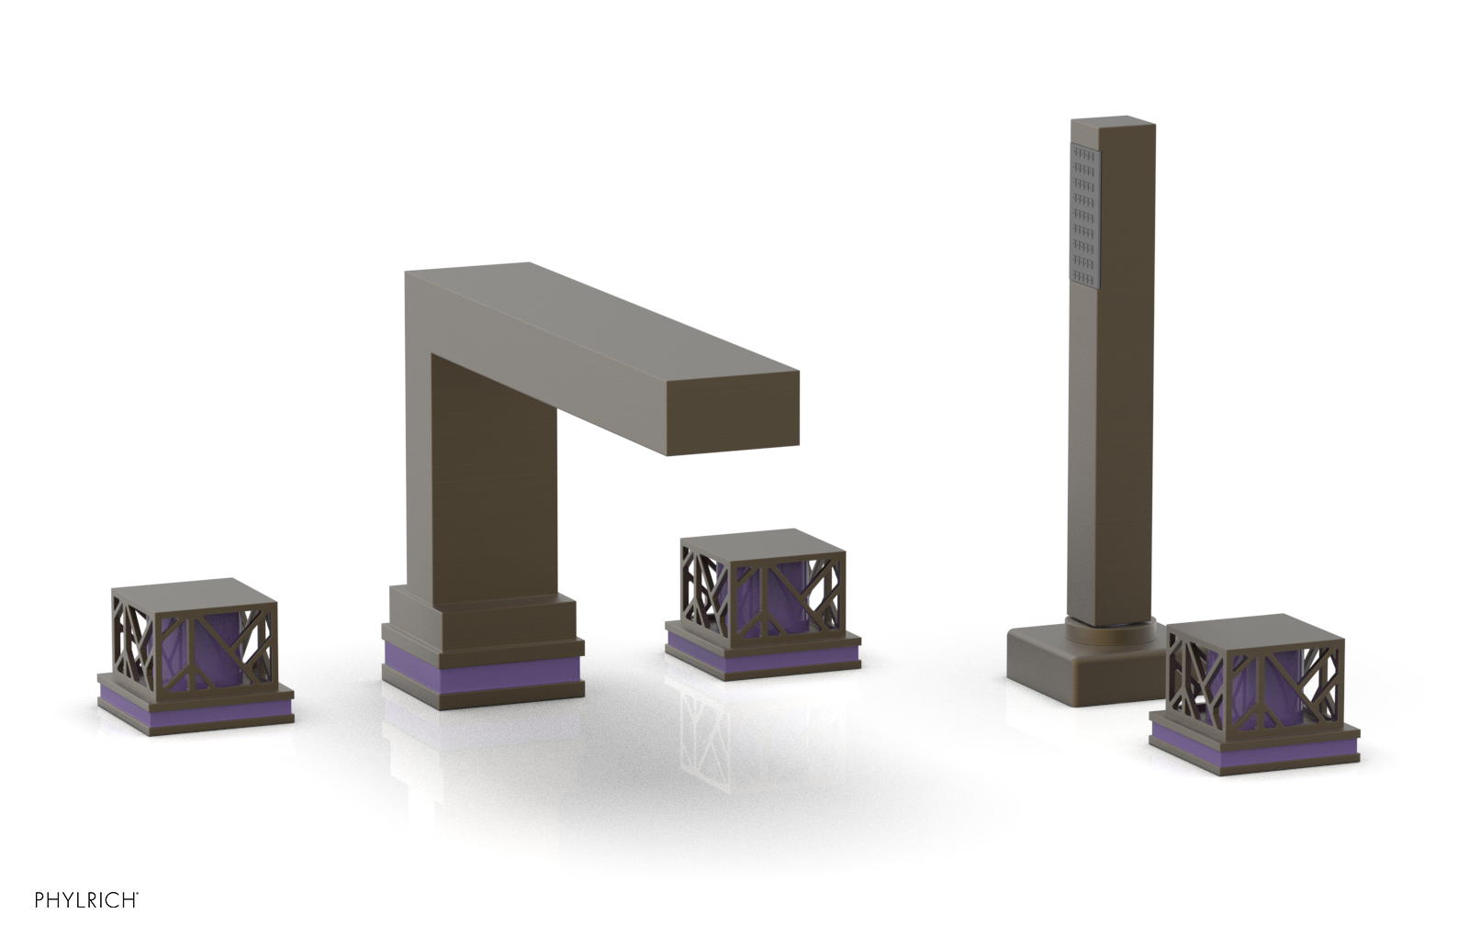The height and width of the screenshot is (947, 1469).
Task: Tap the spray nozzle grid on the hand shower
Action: click(x=1083, y=216)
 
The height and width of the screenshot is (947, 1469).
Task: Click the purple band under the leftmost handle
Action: click(x=195, y=704)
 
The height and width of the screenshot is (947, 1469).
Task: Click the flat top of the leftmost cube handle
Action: click(x=195, y=591)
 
